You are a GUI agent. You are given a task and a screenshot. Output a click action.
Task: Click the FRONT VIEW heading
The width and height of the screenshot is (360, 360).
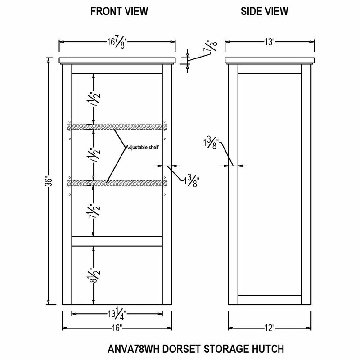119,11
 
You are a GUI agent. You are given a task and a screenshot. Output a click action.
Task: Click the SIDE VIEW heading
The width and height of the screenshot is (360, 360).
264,11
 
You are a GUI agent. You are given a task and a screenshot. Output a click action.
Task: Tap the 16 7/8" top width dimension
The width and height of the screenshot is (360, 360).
117,42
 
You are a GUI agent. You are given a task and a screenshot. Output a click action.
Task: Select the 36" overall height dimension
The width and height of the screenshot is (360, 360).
49,181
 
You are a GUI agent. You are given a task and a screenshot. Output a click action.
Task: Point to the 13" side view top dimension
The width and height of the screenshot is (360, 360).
270,42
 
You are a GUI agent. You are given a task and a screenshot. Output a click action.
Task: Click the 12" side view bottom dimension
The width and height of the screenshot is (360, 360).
270,328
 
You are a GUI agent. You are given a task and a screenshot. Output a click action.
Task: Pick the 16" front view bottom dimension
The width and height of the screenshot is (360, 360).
117,328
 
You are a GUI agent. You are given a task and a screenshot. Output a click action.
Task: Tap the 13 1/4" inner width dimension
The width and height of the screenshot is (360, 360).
117,314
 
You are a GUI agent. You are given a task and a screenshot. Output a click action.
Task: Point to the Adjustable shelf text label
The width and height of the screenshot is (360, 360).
142,148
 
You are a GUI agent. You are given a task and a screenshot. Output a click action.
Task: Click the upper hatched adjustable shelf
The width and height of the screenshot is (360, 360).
117,127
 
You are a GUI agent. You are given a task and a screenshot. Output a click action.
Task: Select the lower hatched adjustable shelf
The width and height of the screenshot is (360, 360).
117,183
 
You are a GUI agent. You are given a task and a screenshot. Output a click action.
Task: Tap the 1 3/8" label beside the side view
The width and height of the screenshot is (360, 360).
211,143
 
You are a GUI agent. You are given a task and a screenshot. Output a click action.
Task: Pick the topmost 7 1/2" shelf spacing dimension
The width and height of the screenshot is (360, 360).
94,99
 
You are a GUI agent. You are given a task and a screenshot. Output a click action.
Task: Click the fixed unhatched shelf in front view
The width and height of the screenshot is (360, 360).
117,241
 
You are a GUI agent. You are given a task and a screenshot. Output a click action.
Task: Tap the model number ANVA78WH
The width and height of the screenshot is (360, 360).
133,349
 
